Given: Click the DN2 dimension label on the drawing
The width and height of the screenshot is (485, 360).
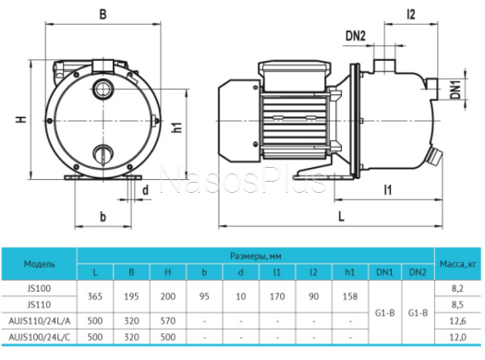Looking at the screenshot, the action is tap(356, 36).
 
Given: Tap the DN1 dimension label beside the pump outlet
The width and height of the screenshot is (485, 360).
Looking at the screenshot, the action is tap(455, 89).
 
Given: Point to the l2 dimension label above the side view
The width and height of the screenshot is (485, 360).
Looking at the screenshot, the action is tap(411, 14).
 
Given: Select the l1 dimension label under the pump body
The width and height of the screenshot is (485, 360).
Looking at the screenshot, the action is tap(388, 190).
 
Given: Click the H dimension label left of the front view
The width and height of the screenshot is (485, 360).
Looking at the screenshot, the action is tap(21, 119).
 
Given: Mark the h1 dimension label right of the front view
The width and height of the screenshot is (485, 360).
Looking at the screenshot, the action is tap(177, 127).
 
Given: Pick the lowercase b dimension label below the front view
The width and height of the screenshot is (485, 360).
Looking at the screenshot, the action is tap(103, 217).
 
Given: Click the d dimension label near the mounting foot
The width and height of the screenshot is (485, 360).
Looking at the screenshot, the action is tap(145, 190).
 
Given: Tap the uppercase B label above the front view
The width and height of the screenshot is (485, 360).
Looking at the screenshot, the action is tap(103, 14).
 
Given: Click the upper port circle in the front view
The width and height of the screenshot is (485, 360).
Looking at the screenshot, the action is tap(103, 90).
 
